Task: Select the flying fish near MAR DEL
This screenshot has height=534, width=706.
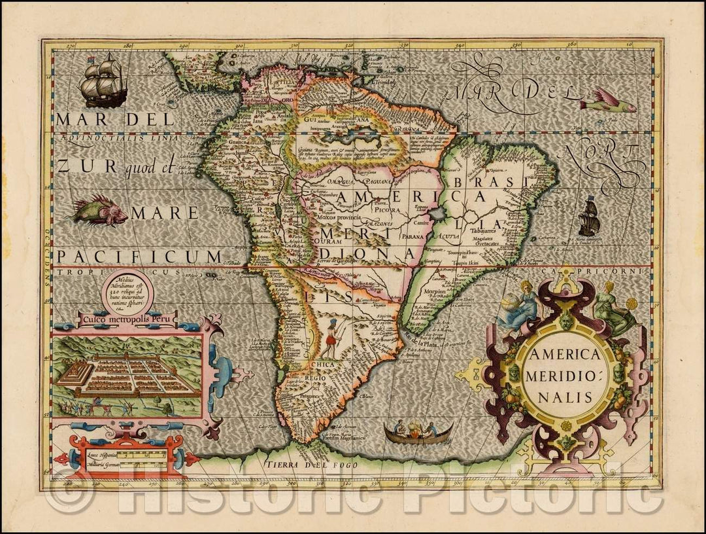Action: coord(607,101)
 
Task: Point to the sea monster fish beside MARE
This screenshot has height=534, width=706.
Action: coord(99,211)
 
